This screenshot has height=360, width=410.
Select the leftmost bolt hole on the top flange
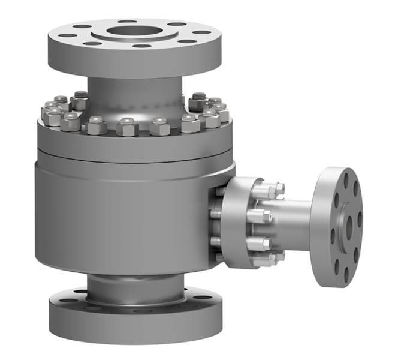[67, 35]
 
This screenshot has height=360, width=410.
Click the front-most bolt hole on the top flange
[141, 46]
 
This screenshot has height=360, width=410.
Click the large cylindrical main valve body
[120, 216]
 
